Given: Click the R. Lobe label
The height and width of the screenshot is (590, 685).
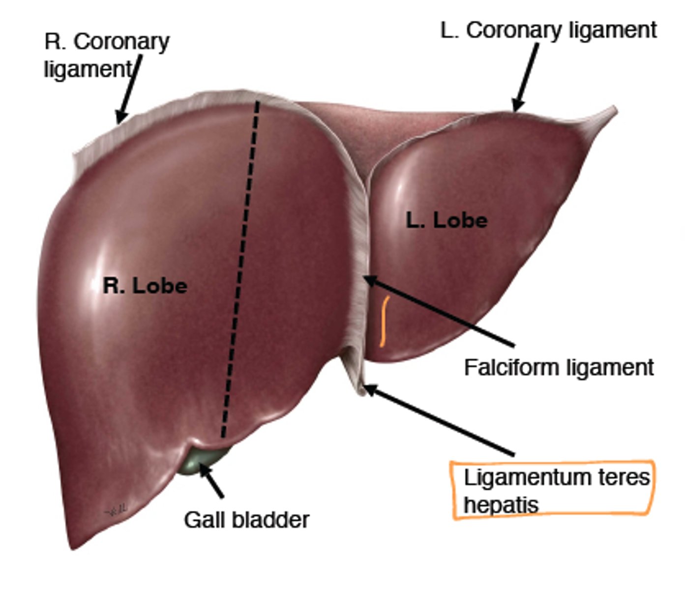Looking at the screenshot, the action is (145, 285).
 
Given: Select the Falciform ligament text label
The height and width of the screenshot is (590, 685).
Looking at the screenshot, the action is (559, 367).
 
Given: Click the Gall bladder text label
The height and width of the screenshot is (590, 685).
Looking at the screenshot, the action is (246, 520).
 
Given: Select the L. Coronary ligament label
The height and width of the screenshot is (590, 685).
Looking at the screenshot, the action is (548, 30).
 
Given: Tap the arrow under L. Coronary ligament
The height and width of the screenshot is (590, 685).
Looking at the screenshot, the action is (526, 76).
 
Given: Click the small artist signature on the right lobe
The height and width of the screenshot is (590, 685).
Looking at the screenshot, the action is (116, 511).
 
